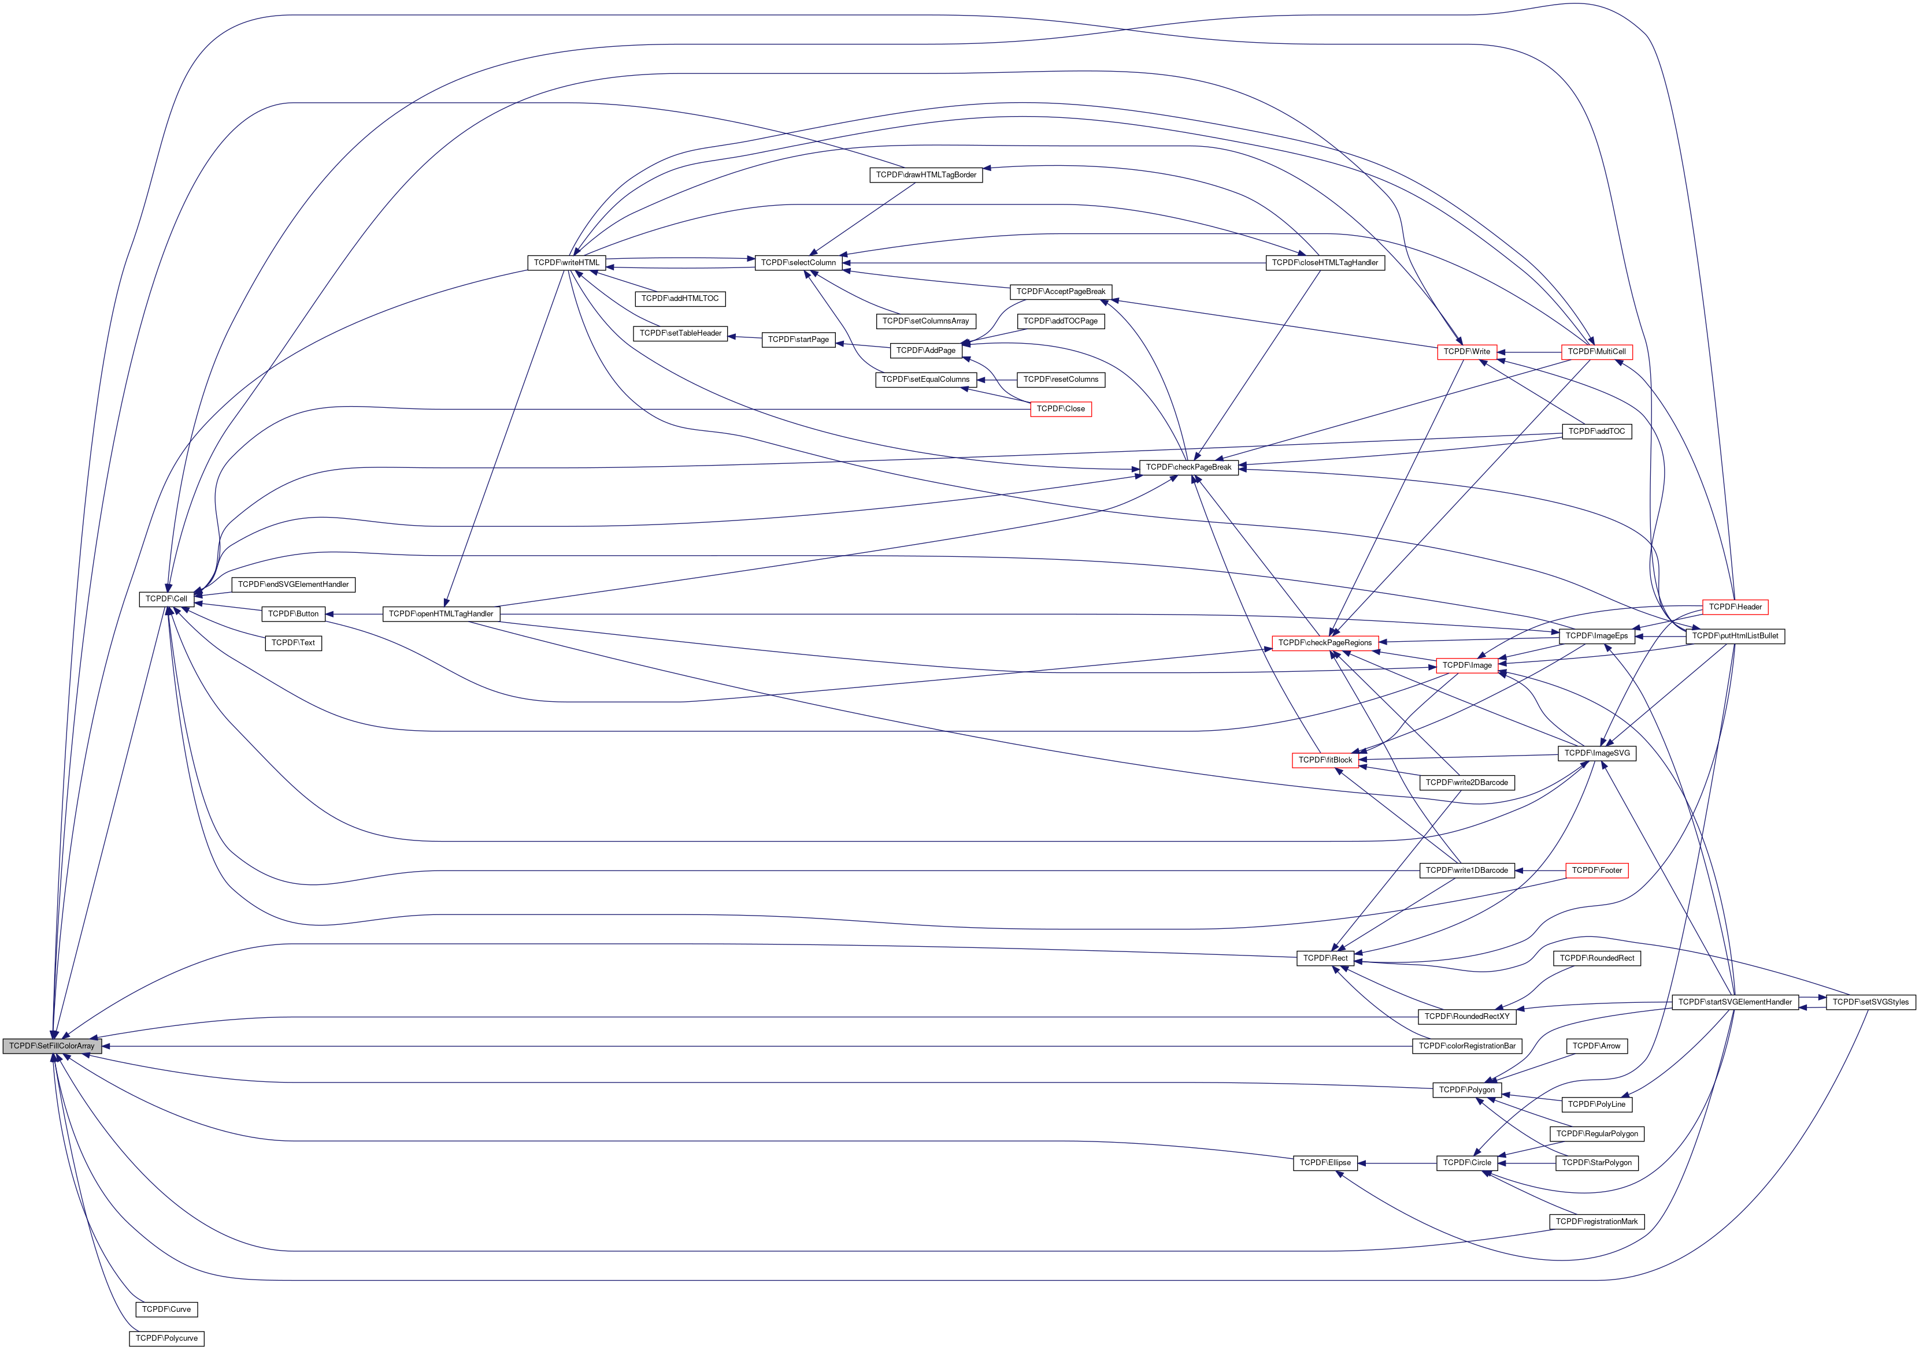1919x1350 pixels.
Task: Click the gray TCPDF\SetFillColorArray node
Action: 52,1046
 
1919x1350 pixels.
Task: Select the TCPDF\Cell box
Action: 166,599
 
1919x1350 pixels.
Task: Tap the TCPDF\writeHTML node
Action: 566,262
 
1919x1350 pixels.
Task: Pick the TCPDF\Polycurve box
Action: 166,1338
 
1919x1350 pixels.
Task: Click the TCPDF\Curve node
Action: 166,1309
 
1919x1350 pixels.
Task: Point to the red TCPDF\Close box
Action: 1061,408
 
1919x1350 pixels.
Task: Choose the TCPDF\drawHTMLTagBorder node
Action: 926,174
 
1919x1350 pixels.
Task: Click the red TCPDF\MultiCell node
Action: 1596,352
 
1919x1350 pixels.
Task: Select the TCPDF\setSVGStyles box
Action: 1870,1002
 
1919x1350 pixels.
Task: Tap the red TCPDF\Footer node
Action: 1596,871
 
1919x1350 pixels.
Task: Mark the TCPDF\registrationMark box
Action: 1596,1221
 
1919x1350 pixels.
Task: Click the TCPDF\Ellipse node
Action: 1325,1163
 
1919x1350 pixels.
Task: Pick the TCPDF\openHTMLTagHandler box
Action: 441,614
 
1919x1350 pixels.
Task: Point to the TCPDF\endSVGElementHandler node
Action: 294,585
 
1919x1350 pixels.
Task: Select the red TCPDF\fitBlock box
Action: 1325,760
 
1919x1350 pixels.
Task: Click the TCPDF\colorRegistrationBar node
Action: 1467,1046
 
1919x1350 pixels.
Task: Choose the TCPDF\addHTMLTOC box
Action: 680,298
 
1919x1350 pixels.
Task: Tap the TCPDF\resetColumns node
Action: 1061,380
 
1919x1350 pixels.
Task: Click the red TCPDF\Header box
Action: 1735,607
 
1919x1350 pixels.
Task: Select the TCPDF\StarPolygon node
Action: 1596,1163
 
